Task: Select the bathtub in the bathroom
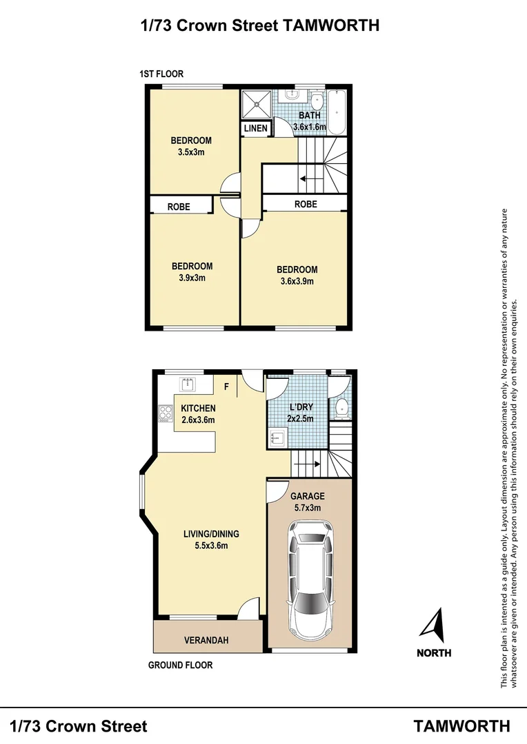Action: pos(338,112)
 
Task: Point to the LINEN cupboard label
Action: pos(256,128)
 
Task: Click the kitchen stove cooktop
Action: pos(166,413)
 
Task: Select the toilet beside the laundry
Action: pos(340,408)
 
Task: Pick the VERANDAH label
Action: pos(206,641)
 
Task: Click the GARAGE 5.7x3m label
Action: pos(307,502)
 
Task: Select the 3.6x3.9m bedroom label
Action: pos(297,276)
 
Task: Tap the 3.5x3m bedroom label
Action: pos(191,146)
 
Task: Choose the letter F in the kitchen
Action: pos(226,386)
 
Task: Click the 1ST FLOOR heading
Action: pos(161,74)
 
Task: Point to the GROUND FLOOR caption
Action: pos(181,665)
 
